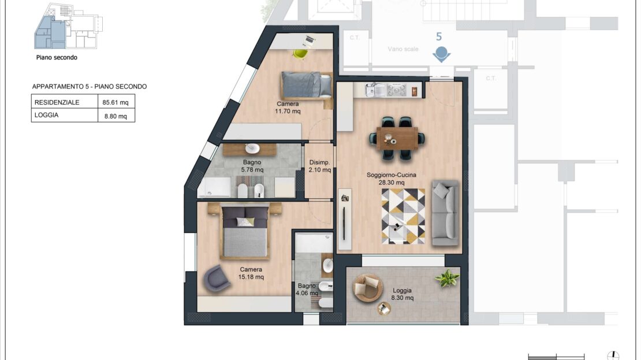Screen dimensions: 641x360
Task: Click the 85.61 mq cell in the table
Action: point(115,102)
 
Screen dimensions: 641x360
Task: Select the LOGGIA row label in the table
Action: point(46,115)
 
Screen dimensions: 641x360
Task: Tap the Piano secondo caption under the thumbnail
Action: point(57,58)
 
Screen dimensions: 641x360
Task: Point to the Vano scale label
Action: point(403,49)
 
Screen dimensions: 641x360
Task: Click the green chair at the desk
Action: point(300,54)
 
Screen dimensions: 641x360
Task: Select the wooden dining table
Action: point(397,138)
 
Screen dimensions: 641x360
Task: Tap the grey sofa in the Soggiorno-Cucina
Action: point(445,213)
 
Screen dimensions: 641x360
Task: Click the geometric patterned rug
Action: point(403,216)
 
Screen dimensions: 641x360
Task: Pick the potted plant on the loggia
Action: point(447,278)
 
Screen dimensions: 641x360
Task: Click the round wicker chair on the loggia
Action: point(367,287)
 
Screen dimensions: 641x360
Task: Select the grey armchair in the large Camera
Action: point(217,278)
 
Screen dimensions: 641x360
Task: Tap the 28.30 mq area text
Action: point(391,183)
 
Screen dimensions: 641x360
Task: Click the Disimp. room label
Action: point(319,162)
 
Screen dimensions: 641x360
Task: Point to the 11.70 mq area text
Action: point(288,112)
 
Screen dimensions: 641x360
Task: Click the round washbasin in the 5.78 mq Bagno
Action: point(252,148)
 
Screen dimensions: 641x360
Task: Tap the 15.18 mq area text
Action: point(251,277)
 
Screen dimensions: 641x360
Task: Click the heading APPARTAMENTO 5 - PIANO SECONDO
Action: point(90,87)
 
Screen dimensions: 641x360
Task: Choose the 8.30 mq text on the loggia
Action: point(403,298)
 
